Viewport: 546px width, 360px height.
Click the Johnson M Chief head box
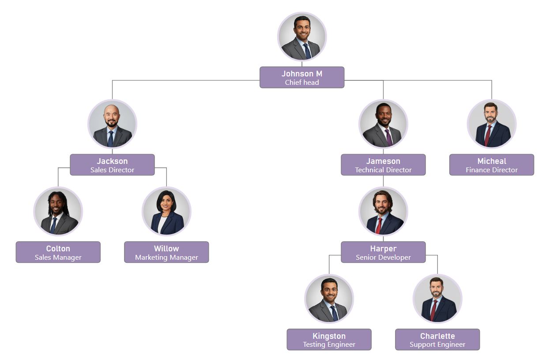click(301, 77)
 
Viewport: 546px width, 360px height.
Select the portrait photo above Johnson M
click(302, 36)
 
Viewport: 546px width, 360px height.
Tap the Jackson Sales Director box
click(112, 165)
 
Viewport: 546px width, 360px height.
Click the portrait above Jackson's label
click(112, 124)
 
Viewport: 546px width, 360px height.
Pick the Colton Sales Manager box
click(58, 252)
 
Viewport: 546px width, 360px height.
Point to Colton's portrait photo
click(58, 211)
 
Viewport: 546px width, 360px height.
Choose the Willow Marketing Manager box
click(166, 252)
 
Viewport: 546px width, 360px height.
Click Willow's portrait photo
click(166, 211)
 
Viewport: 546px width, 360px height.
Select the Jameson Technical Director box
click(383, 165)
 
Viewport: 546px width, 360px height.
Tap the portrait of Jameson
click(383, 124)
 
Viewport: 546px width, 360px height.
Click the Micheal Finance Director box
click(492, 165)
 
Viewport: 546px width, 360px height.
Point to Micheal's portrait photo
click(492, 124)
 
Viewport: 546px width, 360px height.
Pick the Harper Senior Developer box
click(383, 252)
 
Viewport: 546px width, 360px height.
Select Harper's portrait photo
click(383, 211)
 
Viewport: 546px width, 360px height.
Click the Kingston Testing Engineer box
click(329, 340)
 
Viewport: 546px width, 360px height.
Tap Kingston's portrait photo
click(329, 299)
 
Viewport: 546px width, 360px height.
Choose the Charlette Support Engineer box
click(437, 340)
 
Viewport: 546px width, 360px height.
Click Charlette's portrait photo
click(437, 299)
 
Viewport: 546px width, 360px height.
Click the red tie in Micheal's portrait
click(488, 135)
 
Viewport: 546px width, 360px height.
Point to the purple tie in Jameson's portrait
click(388, 137)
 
